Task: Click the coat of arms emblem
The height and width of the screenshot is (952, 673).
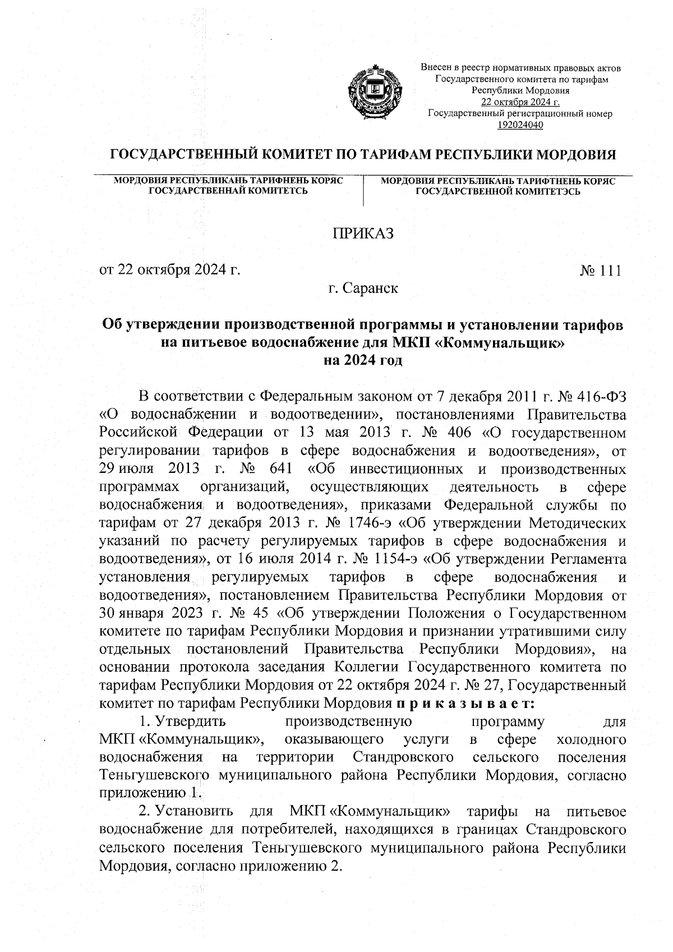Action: click(x=375, y=93)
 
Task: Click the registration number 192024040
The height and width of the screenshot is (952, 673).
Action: click(x=520, y=125)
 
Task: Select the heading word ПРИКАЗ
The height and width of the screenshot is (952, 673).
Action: click(x=363, y=233)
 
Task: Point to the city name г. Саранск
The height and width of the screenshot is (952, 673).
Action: click(x=363, y=289)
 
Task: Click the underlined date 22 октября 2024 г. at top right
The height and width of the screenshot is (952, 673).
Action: click(x=520, y=102)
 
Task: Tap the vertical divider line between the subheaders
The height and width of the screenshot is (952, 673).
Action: click(x=365, y=191)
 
